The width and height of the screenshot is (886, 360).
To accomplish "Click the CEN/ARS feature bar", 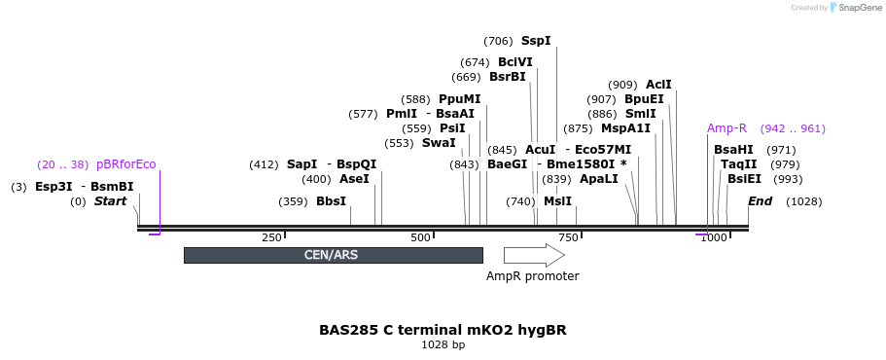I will point(333,255).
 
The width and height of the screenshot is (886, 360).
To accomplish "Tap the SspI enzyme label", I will point(536,41).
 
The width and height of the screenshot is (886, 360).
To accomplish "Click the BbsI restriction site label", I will point(331,201).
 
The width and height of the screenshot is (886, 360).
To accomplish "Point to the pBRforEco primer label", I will point(125,164).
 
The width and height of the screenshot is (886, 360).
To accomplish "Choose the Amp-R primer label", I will point(727,128).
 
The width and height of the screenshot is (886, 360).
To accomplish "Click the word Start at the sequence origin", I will point(110,201).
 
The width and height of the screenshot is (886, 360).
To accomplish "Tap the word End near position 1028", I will point(760,201).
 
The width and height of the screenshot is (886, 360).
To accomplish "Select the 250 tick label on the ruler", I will point(271,237).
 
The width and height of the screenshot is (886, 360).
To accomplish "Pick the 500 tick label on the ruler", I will point(420,237).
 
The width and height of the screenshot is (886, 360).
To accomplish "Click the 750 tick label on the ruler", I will point(568,237).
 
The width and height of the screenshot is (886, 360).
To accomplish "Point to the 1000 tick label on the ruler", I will point(714,237).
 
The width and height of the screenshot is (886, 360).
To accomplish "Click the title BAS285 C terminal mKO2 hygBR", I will point(443,330).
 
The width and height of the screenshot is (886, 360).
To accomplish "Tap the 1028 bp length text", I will point(443,344).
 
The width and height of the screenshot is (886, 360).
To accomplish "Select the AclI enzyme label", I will point(658,85).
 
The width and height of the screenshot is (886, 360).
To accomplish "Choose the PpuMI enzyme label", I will point(459,99).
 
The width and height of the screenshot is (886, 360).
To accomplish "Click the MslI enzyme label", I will point(557,201).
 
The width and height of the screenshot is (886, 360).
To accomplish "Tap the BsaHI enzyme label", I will point(733,150).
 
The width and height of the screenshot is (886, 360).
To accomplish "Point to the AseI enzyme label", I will point(354,179).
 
